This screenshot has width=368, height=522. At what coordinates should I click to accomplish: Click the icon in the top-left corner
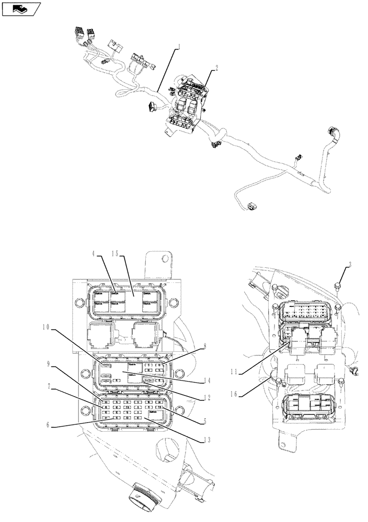pos(21,9)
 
